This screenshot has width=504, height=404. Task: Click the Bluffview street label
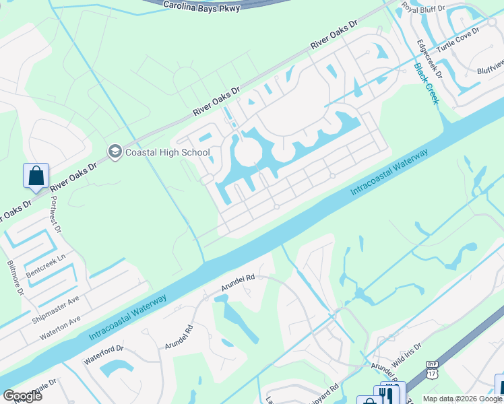[x=490, y=66]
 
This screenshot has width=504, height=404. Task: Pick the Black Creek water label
[x=426, y=83]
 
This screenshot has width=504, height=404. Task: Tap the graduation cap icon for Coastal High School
[x=114, y=151]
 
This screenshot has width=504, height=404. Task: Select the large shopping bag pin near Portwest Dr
[x=36, y=176]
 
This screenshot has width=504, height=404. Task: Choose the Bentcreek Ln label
[x=47, y=267]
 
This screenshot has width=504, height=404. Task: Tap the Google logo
[x=22, y=396]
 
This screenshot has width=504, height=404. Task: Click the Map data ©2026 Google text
[x=462, y=398]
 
